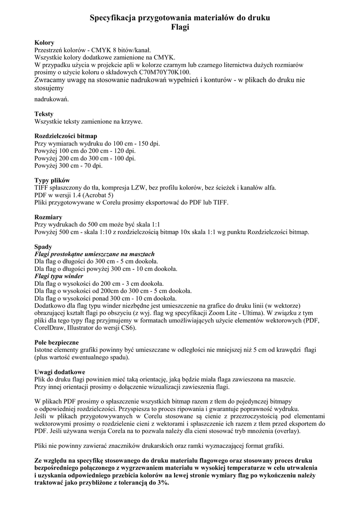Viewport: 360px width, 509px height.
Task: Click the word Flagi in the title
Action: [x=180, y=27]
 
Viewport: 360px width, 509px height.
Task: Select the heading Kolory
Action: [x=44, y=43]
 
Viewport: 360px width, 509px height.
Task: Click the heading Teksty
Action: [x=44, y=114]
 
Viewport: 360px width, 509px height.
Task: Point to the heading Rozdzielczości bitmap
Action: [x=66, y=136]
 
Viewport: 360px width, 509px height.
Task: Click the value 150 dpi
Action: [x=148, y=143]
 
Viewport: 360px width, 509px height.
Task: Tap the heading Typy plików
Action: [x=52, y=180]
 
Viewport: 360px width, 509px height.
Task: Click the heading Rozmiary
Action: [x=48, y=217]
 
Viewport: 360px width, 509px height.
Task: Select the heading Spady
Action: [x=43, y=247]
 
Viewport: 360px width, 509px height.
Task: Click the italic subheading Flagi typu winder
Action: [x=59, y=276]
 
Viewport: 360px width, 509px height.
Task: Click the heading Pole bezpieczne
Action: [x=57, y=342]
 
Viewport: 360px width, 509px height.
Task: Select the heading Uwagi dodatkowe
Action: [x=60, y=372]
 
